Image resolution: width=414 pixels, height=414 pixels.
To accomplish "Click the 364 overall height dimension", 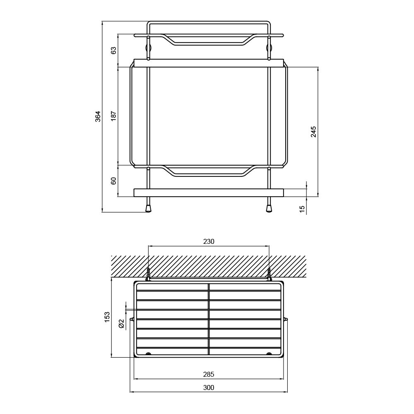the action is point(98,116).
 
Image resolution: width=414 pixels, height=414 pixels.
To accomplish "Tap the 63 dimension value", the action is point(113,50).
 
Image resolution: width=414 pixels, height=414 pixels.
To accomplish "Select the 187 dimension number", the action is point(113,116).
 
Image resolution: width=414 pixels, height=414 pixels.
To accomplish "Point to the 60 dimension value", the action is point(113,181).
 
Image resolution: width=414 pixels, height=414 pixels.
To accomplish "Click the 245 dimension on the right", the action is point(313,132).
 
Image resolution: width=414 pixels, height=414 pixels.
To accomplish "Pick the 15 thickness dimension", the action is point(303,208).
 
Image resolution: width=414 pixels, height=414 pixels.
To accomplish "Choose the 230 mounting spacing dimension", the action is point(209,241).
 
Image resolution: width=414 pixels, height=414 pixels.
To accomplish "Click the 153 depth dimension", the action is point(107,317).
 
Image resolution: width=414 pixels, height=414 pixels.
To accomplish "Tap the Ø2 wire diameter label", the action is point(121,323).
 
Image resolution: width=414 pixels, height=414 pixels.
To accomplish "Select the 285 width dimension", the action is point(209,374).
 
